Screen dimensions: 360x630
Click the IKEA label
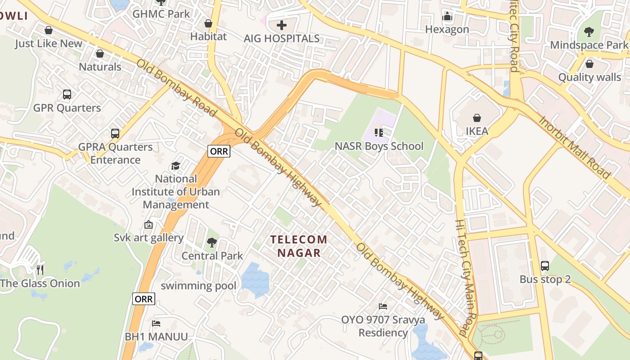coord(477,131)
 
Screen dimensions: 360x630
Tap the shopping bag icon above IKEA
coord(477,118)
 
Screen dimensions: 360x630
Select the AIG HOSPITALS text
coord(282,39)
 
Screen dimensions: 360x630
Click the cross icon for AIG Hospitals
coord(282,25)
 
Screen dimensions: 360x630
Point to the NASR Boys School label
coord(379,146)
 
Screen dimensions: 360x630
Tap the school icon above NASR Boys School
coord(379,133)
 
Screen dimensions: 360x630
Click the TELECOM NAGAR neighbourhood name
coord(299,246)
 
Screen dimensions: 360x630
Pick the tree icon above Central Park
coord(211,243)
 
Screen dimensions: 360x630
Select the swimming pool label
coord(198,286)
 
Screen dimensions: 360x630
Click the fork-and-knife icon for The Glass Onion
coord(40,270)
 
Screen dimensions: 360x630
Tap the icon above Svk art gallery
coord(148,225)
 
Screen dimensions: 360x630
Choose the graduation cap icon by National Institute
coord(175,166)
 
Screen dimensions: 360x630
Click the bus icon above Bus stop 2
coord(544,266)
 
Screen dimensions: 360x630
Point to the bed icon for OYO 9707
coord(383,306)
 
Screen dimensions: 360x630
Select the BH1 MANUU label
coord(156,337)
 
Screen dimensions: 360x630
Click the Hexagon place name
coord(447,30)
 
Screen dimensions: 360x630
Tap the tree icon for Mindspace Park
coord(589,32)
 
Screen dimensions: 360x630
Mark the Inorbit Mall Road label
coord(574,147)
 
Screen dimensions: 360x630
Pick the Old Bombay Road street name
coord(176,87)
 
